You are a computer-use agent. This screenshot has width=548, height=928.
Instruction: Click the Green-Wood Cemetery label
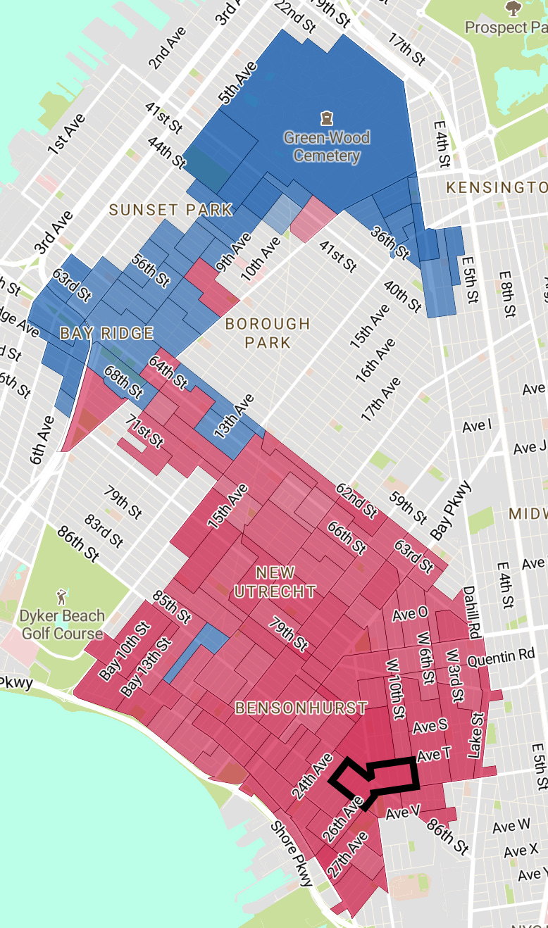(x=326, y=146)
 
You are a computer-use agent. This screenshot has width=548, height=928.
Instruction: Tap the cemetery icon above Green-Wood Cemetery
(x=326, y=117)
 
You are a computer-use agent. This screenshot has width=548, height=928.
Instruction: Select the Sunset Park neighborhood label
(x=170, y=210)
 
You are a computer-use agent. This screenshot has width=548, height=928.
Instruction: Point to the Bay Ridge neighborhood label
(x=106, y=333)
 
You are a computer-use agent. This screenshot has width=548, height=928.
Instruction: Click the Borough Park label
(x=267, y=333)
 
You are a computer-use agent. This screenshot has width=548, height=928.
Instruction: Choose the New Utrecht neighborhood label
(x=275, y=582)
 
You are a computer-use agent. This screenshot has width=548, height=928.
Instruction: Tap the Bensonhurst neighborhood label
(x=301, y=708)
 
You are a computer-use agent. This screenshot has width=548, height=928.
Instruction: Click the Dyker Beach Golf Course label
(x=62, y=625)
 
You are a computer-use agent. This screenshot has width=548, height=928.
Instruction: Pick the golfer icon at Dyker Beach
(x=62, y=596)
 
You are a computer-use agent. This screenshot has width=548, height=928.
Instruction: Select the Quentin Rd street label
(x=501, y=656)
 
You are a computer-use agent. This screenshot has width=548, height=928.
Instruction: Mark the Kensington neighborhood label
(x=497, y=187)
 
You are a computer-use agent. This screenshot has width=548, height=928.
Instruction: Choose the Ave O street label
(x=410, y=614)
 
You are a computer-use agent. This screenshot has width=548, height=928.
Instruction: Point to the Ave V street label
(x=403, y=813)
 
